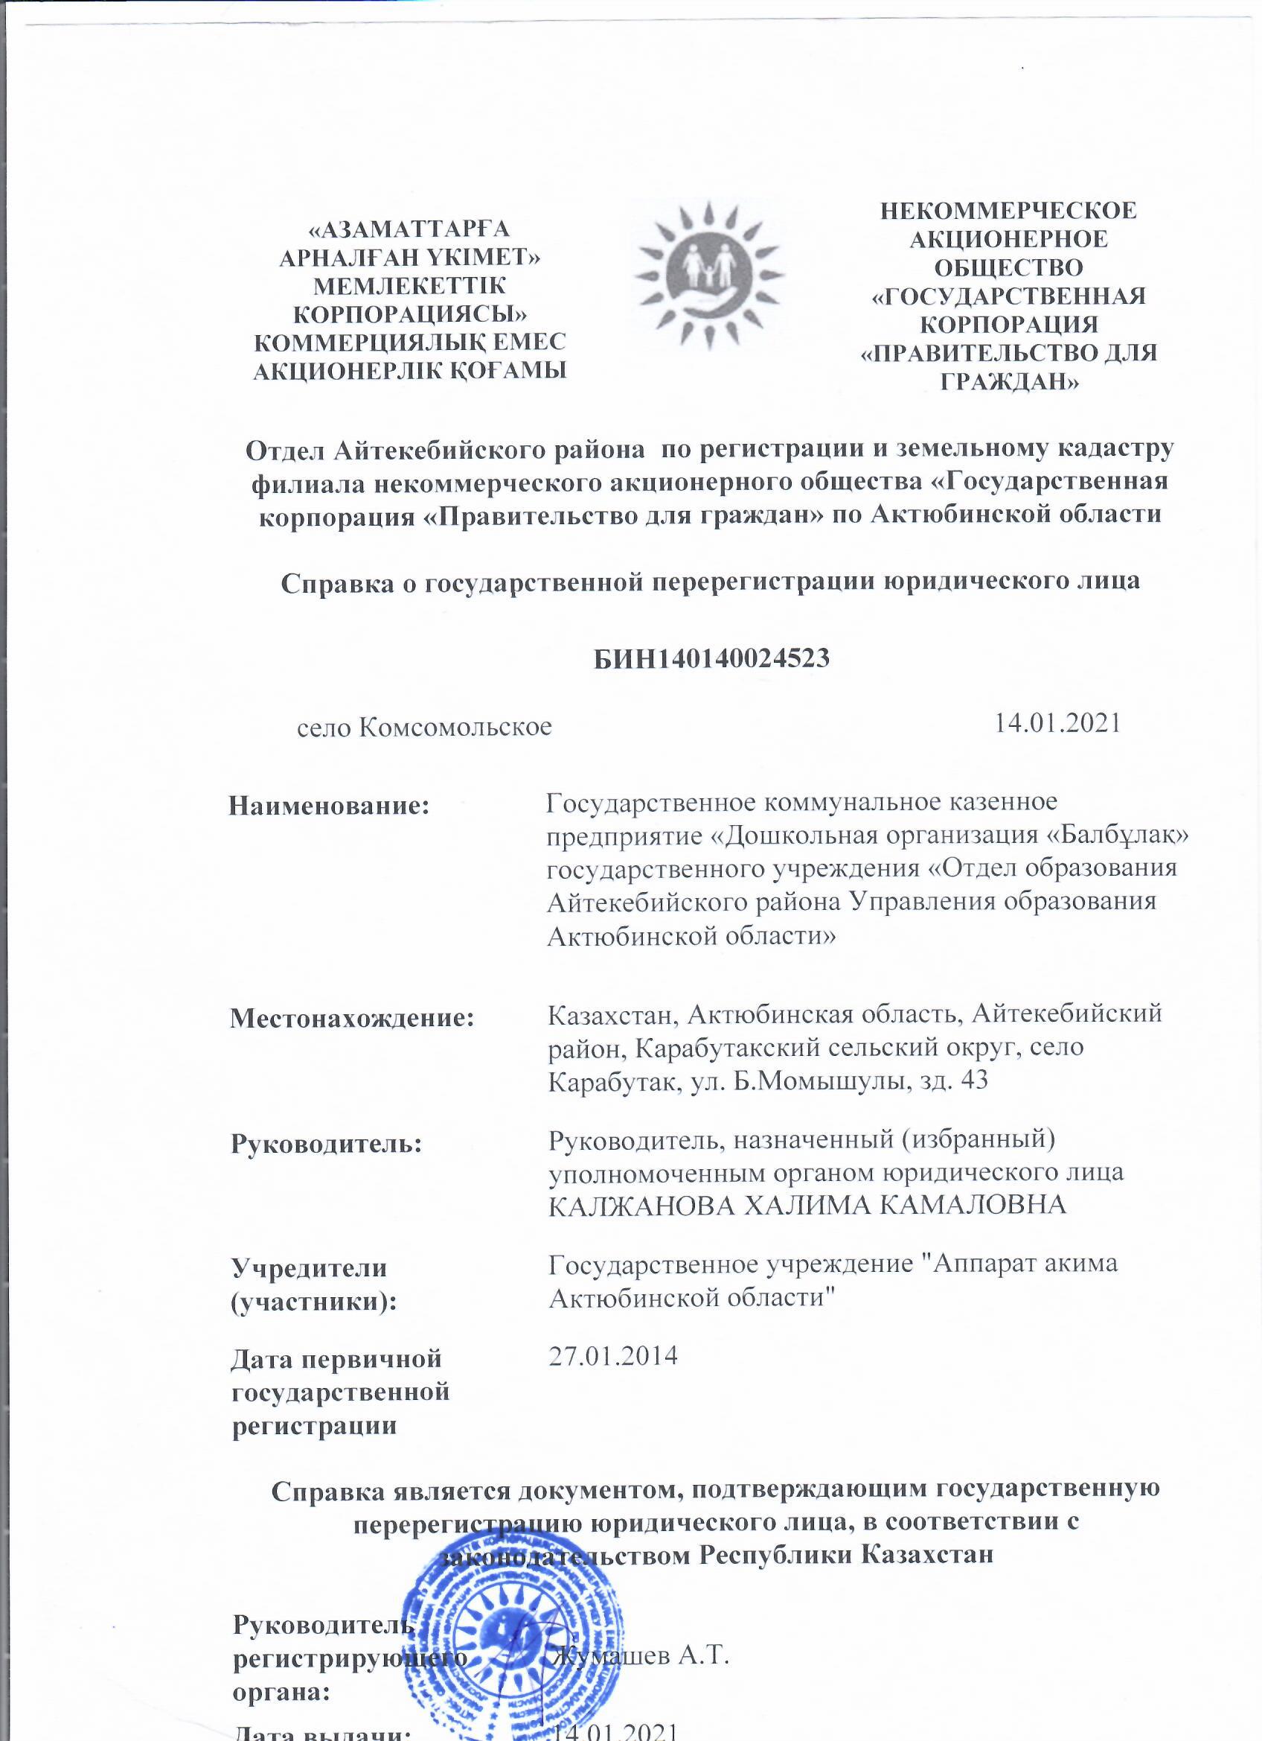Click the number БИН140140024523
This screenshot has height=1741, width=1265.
(711, 658)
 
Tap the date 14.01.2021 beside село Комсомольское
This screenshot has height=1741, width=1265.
(1057, 723)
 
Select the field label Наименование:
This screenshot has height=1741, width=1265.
(329, 806)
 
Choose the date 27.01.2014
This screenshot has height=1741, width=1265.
(613, 1356)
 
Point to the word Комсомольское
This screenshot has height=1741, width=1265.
(455, 725)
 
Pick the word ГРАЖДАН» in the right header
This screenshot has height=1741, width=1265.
(1009, 381)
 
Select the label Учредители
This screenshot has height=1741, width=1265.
(309, 1268)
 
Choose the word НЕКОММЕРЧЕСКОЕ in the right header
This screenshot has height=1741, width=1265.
(1008, 210)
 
